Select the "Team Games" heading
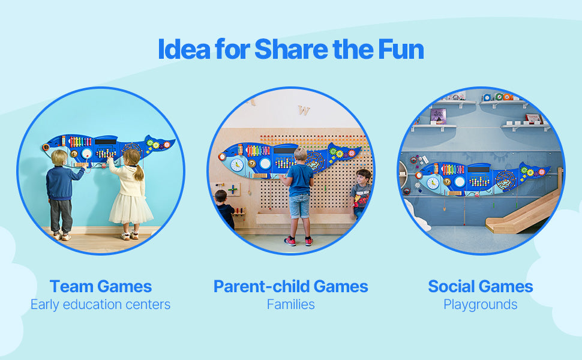coord(100,286)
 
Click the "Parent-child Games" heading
coord(290,286)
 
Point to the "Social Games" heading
coord(480,286)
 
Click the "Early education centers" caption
coord(100,305)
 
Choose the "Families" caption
coord(290,305)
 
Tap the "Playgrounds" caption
coord(480,305)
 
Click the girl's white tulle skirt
coord(131,207)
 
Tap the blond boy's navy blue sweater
coord(61,183)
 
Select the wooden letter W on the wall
coord(304,111)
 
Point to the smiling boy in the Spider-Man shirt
coord(361,192)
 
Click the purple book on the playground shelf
coord(438,116)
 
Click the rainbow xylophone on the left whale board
coord(80,142)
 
